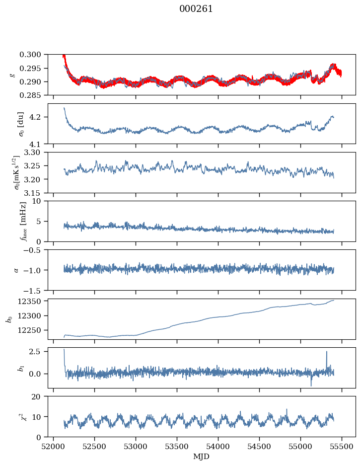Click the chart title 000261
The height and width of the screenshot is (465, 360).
(196, 9)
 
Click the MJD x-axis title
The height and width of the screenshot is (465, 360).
(202, 457)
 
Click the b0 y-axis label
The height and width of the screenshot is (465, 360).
(8, 319)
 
